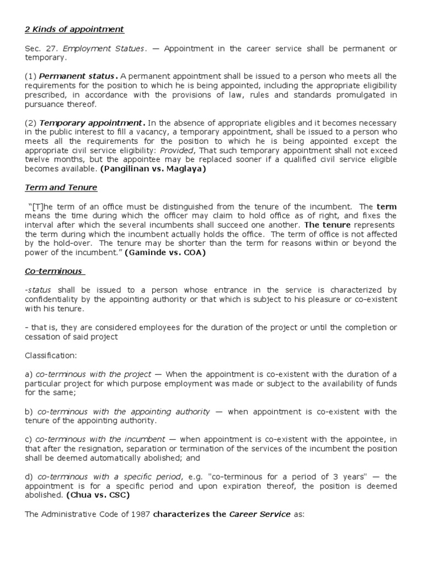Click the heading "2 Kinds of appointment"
pyautogui.click(x=75, y=29)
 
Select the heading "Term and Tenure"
pyautogui.click(x=61, y=188)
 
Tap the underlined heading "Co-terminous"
pyautogui.click(x=53, y=271)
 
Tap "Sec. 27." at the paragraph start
pyautogui.click(x=40, y=49)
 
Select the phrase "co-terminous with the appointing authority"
pyautogui.click(x=123, y=412)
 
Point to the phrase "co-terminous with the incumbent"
pyautogui.click(x=100, y=440)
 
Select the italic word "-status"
pyautogui.click(x=38, y=290)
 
